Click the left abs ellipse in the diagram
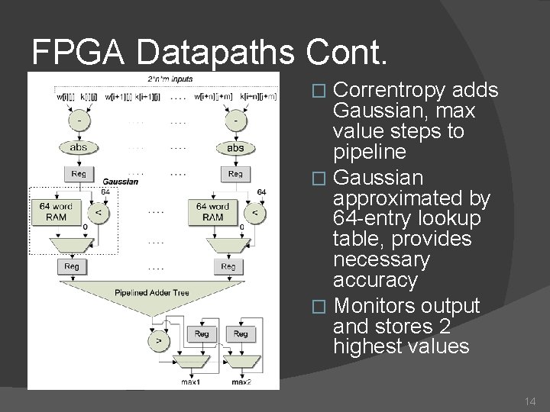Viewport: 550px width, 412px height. coord(79,147)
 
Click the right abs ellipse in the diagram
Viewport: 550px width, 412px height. coord(235,147)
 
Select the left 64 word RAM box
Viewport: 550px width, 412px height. coord(57,211)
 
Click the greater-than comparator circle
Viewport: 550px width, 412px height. coord(159,341)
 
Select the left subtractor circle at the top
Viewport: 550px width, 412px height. coord(79,121)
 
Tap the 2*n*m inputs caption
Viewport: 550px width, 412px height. coord(170,79)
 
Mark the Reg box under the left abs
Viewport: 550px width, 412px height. coord(79,173)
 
